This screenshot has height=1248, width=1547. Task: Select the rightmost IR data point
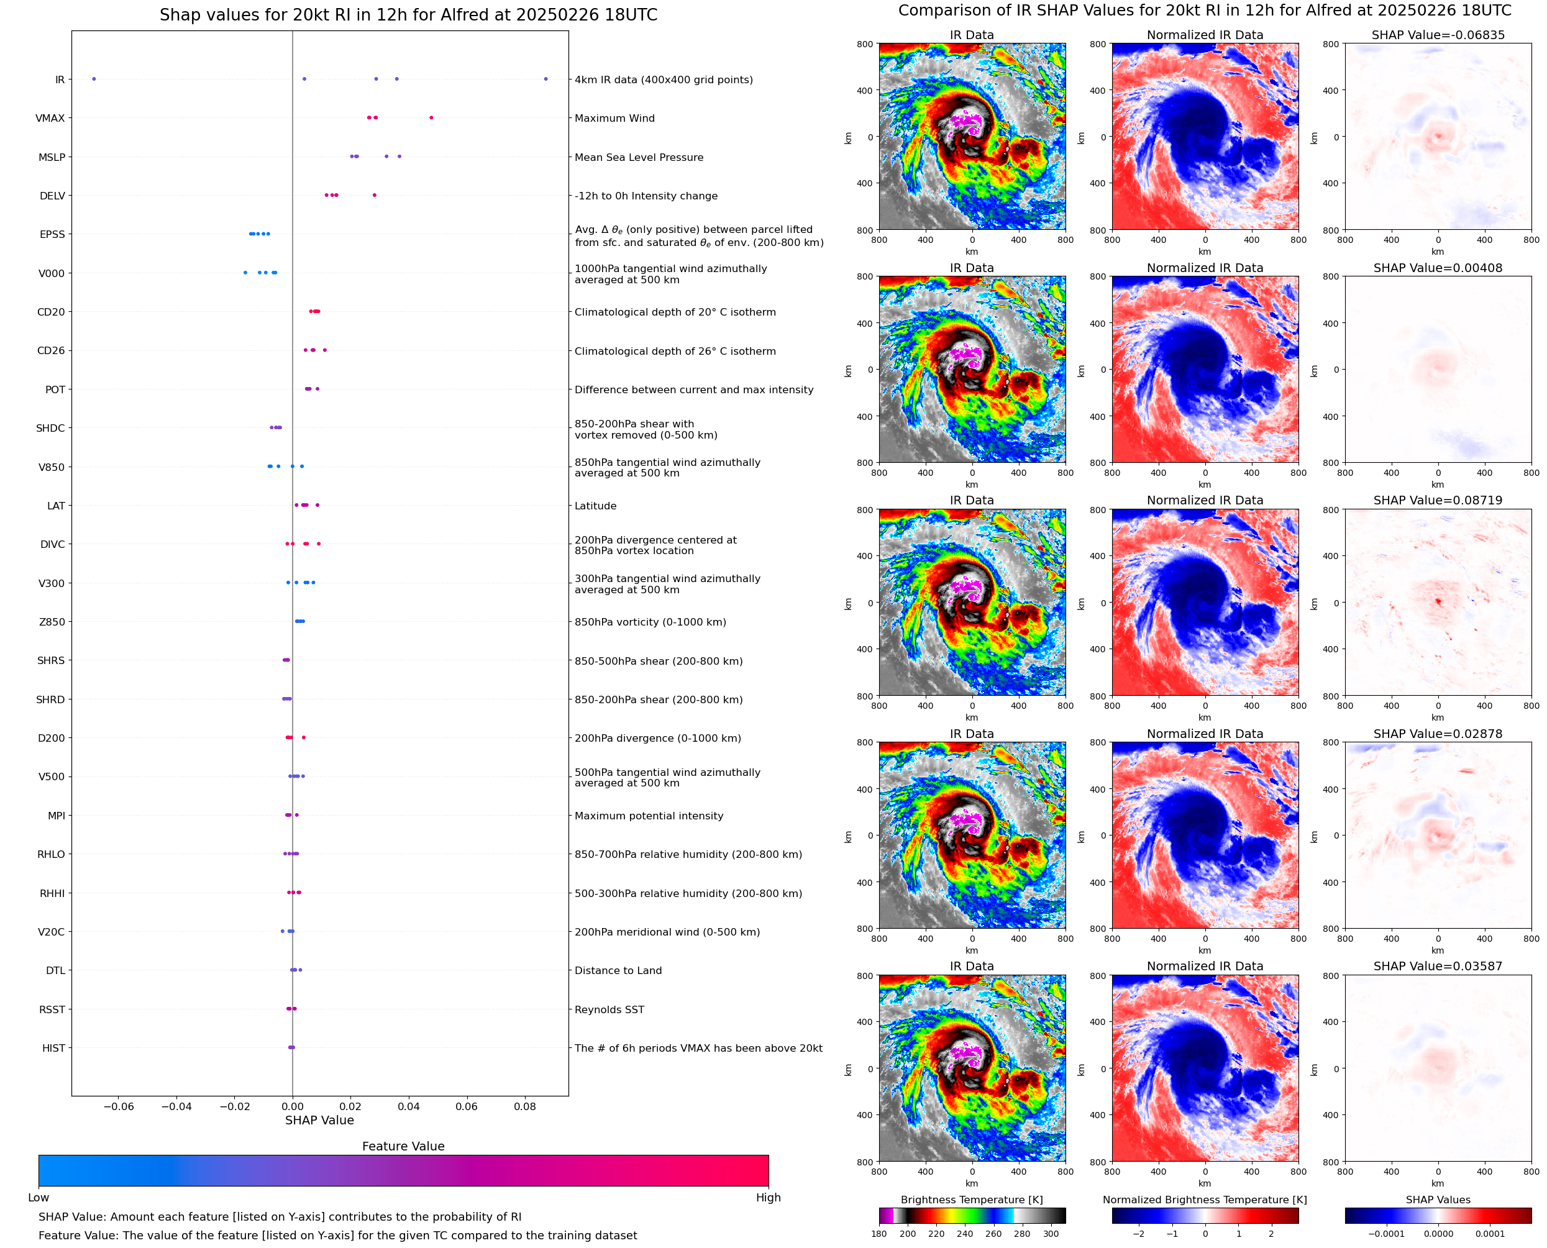pyautogui.click(x=545, y=79)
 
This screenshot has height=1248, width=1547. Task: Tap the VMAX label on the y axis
pyautogui.click(x=50, y=118)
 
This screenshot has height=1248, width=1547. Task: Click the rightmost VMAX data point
pyautogui.click(x=431, y=117)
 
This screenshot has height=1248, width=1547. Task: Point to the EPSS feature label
pyautogui.click(x=52, y=234)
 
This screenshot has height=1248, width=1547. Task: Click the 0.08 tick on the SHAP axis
pyautogui.click(x=525, y=1106)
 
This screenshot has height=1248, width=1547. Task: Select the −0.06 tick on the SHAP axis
pyautogui.click(x=119, y=1106)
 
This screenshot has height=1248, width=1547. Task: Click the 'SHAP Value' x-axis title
pyautogui.click(x=319, y=1120)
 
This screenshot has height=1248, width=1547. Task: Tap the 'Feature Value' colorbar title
pyautogui.click(x=403, y=1146)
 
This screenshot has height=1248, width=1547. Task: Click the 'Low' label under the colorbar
pyautogui.click(x=39, y=1197)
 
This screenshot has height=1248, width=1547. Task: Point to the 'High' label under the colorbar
pyautogui.click(x=768, y=1197)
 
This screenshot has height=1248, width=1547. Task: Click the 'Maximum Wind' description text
pyautogui.click(x=614, y=118)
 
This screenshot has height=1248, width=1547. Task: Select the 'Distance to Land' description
pyautogui.click(x=618, y=970)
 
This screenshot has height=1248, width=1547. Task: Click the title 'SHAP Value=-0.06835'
pyautogui.click(x=1438, y=35)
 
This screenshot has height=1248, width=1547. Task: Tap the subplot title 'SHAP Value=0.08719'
pyautogui.click(x=1438, y=500)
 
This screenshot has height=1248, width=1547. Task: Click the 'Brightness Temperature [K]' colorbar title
pyautogui.click(x=972, y=1200)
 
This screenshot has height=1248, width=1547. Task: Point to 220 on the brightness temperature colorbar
pyautogui.click(x=936, y=1234)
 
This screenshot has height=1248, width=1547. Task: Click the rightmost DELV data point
pyautogui.click(x=375, y=195)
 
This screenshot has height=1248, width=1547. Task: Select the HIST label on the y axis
pyautogui.click(x=54, y=1048)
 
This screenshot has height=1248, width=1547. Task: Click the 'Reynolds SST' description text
pyautogui.click(x=609, y=1009)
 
